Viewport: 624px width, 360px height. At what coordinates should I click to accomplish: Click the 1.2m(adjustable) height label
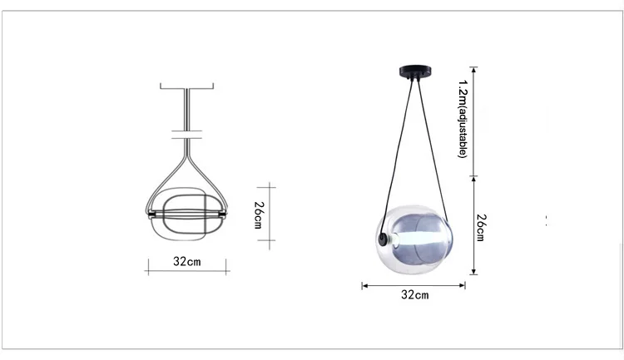coord(463,119)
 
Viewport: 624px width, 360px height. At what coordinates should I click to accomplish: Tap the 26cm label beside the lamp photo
coord(481,228)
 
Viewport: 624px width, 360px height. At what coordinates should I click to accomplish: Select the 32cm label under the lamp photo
coord(415,295)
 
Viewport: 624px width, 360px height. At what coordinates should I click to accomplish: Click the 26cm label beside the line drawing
coord(258,215)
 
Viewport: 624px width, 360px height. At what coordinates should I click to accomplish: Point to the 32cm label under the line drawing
coord(187,261)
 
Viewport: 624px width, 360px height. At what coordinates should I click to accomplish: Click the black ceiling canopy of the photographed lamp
coord(416,72)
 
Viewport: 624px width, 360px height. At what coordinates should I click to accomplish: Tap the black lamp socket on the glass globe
coord(383,239)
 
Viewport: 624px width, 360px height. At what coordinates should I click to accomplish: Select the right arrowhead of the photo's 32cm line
coord(462,285)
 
